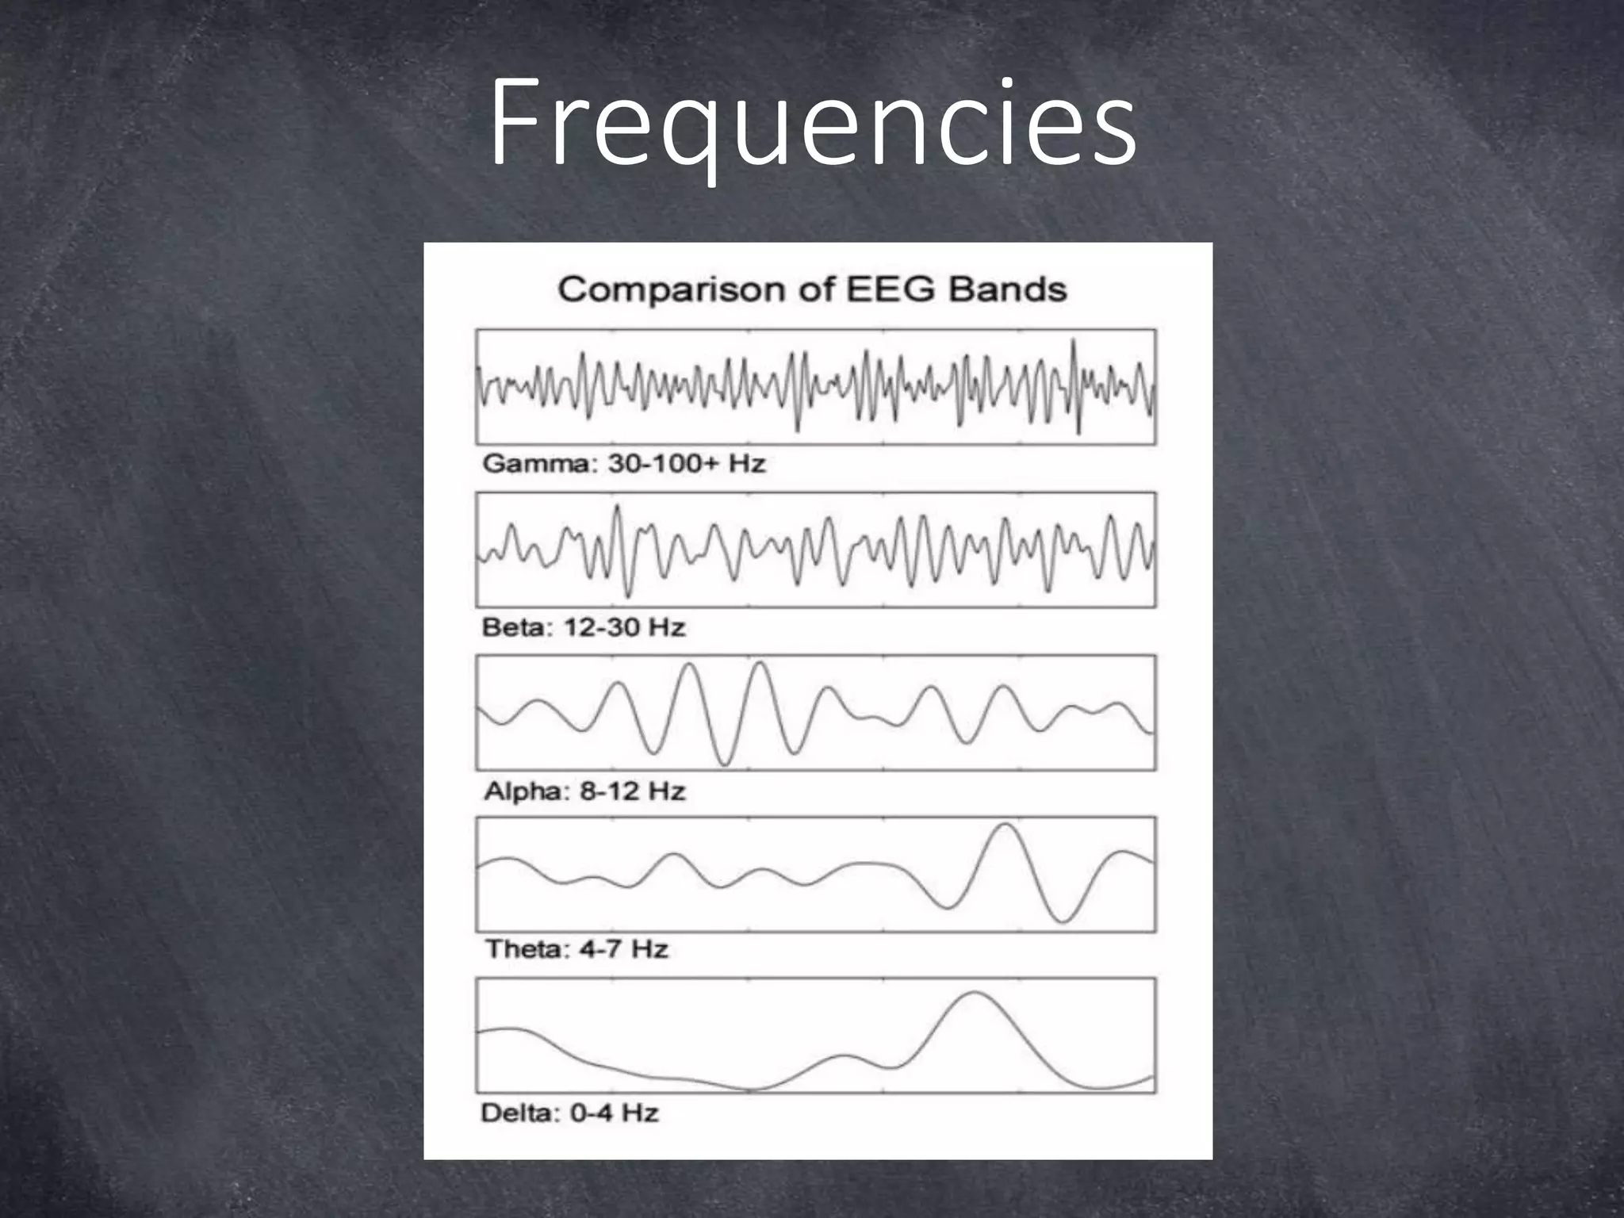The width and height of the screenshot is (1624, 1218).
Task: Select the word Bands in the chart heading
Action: click(x=1007, y=289)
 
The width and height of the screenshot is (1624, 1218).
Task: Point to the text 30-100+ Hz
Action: click(x=687, y=464)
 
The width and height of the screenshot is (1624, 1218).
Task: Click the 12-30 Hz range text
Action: click(x=624, y=628)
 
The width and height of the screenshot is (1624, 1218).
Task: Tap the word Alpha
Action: click(x=521, y=791)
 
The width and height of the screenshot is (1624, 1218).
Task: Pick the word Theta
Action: click(x=523, y=949)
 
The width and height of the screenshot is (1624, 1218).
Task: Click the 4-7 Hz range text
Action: click(x=623, y=949)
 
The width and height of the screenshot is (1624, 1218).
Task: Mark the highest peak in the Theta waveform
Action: click(x=1006, y=825)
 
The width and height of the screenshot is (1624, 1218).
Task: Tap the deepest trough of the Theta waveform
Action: click(x=1063, y=921)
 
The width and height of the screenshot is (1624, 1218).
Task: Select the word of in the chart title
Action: click(x=815, y=289)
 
